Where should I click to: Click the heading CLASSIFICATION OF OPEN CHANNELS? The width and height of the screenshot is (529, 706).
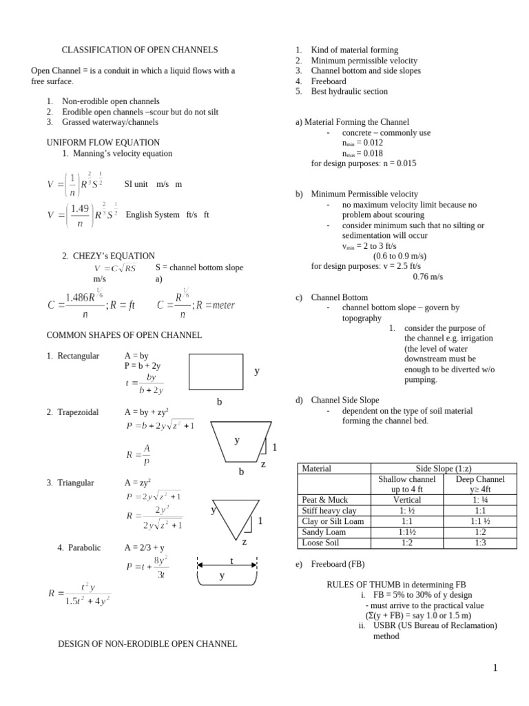[x=140, y=50]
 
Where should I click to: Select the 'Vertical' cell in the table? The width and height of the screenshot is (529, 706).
[x=406, y=500]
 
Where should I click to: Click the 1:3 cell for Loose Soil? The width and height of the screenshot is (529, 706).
[x=480, y=543]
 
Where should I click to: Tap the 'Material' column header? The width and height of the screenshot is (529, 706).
[x=317, y=469]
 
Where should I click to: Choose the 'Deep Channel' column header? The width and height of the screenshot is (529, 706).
[x=480, y=479]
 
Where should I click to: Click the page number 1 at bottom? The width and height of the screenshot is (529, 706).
[x=495, y=668]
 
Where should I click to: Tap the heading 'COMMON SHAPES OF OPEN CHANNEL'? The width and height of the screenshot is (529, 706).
[x=124, y=335]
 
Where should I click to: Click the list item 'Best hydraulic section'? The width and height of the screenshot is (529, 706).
[x=349, y=91]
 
